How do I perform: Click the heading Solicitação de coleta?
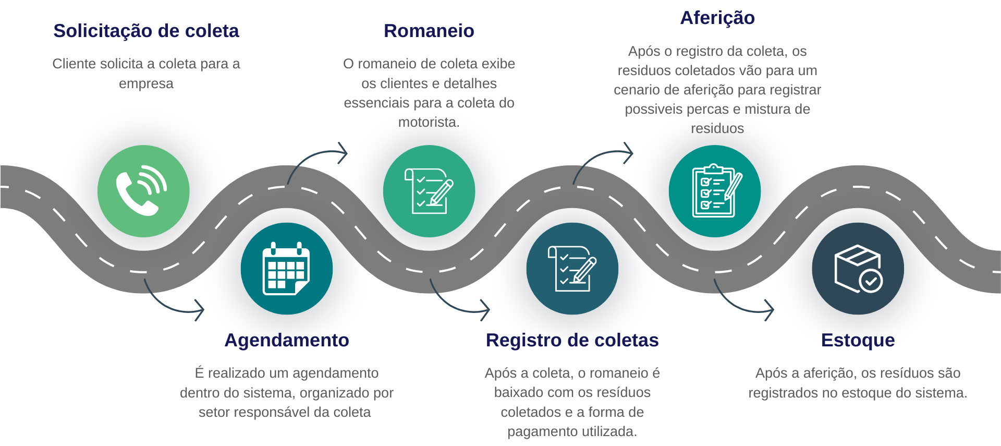[x=146, y=31]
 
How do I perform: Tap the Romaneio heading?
[x=429, y=31]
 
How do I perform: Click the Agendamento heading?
[x=287, y=341]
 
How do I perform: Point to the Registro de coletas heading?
[x=572, y=340]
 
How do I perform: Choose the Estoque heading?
[x=858, y=341]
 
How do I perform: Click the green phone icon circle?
[x=143, y=191]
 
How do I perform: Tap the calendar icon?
[x=286, y=269]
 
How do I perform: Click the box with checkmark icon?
[x=858, y=269]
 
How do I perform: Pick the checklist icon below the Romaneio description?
[x=429, y=191]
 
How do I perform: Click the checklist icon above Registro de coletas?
[x=572, y=269]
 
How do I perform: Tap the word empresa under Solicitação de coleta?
[x=146, y=84]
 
